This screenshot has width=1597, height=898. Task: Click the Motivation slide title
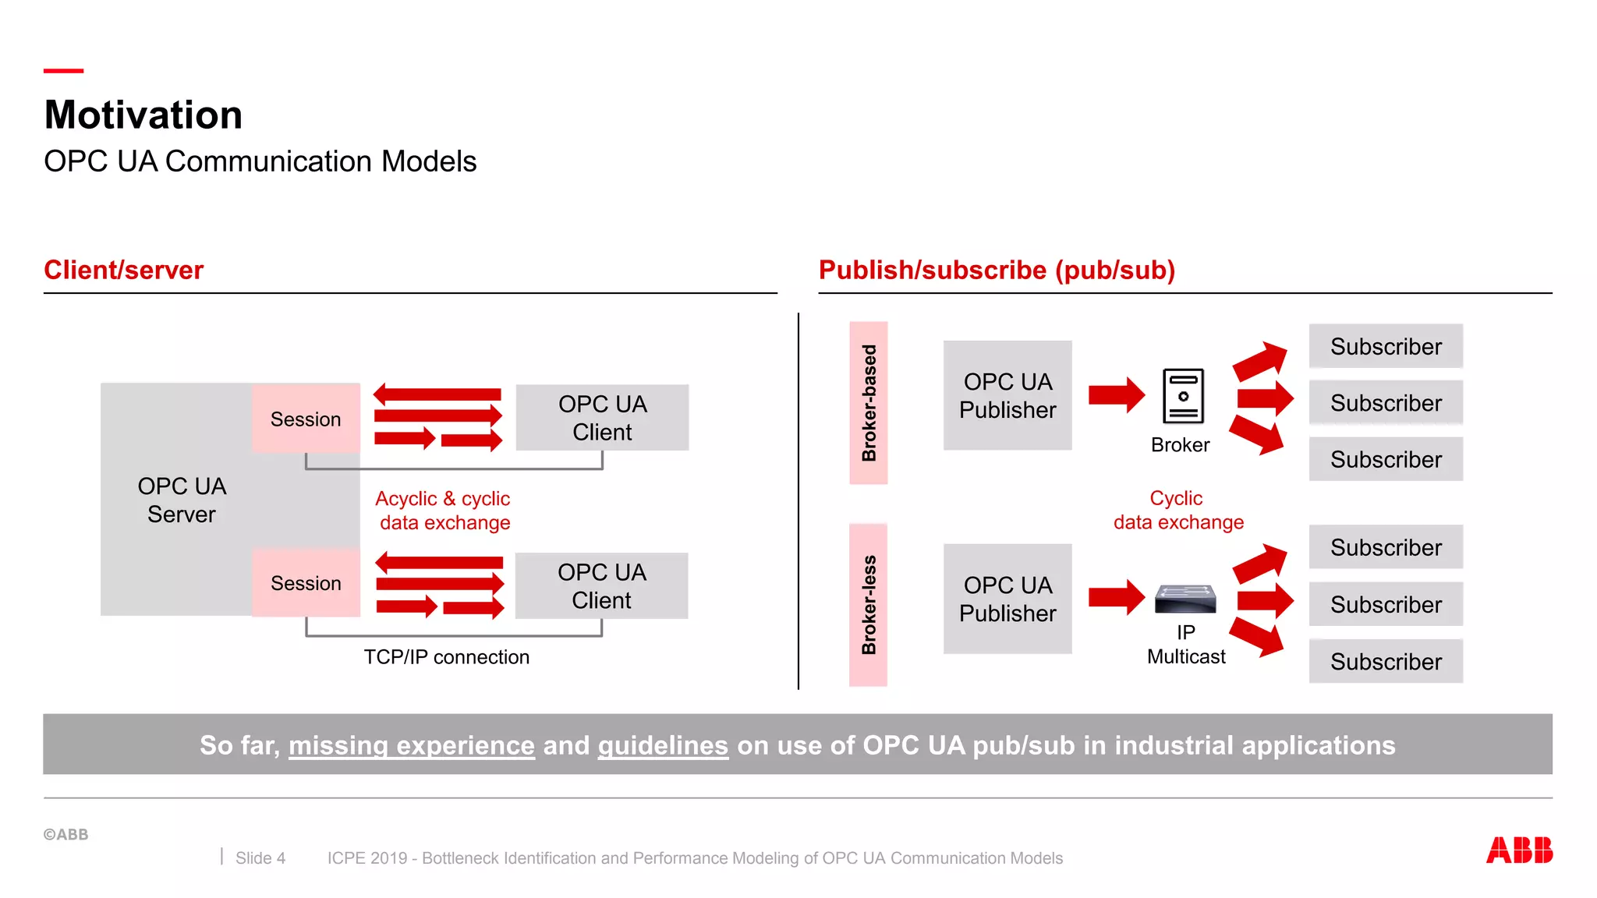tap(143, 115)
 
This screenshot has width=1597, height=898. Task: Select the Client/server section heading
tap(123, 270)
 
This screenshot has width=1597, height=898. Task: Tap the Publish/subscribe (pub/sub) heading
tap(996, 270)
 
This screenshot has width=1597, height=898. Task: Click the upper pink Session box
tap(306, 419)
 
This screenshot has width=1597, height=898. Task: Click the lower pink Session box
tap(306, 583)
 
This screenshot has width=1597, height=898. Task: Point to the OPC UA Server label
tap(182, 500)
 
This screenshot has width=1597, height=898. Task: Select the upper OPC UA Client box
tap(602, 418)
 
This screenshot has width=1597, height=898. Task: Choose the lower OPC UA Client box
tap(601, 586)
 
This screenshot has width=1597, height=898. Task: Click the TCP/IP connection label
tap(446, 657)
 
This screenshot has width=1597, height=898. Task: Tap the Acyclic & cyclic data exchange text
tap(443, 511)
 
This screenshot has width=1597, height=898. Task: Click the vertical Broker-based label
tap(869, 403)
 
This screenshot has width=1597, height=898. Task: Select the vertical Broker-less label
tap(869, 605)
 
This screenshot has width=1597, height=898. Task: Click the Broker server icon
tap(1183, 396)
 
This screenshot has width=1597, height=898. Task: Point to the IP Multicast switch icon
tap(1185, 599)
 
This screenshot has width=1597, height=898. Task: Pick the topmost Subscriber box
tap(1386, 346)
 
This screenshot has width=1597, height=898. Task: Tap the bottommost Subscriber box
tap(1386, 662)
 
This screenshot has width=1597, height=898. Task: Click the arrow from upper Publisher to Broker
tap(1116, 394)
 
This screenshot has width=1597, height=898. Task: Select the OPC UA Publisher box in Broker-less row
tap(1007, 599)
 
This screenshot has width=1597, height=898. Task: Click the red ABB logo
tap(1519, 850)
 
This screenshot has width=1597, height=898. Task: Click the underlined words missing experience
tap(412, 745)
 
